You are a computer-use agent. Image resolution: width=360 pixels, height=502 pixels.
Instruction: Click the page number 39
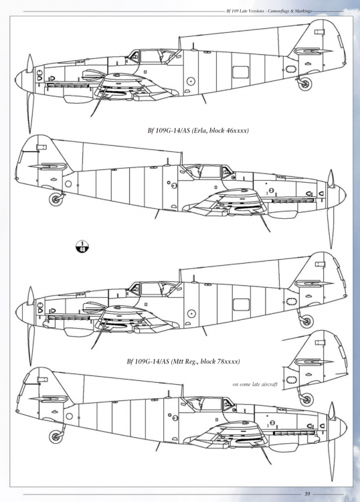(306, 494)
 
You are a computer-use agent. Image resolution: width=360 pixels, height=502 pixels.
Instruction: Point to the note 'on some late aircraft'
(256, 384)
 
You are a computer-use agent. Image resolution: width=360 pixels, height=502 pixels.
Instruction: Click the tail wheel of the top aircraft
(305, 84)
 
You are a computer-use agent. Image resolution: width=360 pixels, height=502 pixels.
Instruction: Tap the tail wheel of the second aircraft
(54, 197)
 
